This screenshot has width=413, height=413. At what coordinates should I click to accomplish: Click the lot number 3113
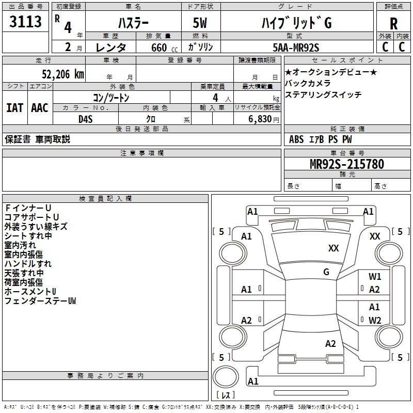pyautogui.click(x=25, y=22)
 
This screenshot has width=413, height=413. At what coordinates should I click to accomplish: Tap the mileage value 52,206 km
pyautogui.click(x=63, y=74)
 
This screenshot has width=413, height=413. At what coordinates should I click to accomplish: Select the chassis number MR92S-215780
pyautogui.click(x=347, y=164)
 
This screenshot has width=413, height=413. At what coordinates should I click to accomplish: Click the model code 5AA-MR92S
pyautogui.click(x=296, y=47)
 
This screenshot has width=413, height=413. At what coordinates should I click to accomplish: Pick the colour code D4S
pyautogui.click(x=86, y=119)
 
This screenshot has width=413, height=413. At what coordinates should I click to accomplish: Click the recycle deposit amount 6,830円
pyautogui.click(x=264, y=119)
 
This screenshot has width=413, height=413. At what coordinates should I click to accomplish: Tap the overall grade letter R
pyautogui.click(x=393, y=23)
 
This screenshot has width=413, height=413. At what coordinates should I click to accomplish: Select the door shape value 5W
pyautogui.click(x=200, y=23)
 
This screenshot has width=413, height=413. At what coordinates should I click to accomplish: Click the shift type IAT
pyautogui.click(x=15, y=108)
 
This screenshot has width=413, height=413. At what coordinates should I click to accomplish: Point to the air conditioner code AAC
pyautogui.click(x=40, y=108)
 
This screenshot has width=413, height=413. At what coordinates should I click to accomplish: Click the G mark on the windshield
pyautogui.click(x=326, y=272)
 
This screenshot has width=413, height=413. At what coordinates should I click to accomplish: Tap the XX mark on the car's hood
pyautogui.click(x=333, y=248)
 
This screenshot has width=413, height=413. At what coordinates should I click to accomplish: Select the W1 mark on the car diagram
pyautogui.click(x=375, y=276)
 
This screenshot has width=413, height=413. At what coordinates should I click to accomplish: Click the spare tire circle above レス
pyautogui.click(x=226, y=376)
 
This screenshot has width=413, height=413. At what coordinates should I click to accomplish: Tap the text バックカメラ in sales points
pyautogui.click(x=308, y=83)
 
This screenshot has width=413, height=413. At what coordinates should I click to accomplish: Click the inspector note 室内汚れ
pyautogui.click(x=20, y=245)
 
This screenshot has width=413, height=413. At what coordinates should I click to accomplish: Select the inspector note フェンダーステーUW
pyautogui.click(x=40, y=301)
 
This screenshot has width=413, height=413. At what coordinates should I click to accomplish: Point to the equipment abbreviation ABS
pyautogui.click(x=296, y=139)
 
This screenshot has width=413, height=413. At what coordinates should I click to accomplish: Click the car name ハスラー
pyautogui.click(x=133, y=23)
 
